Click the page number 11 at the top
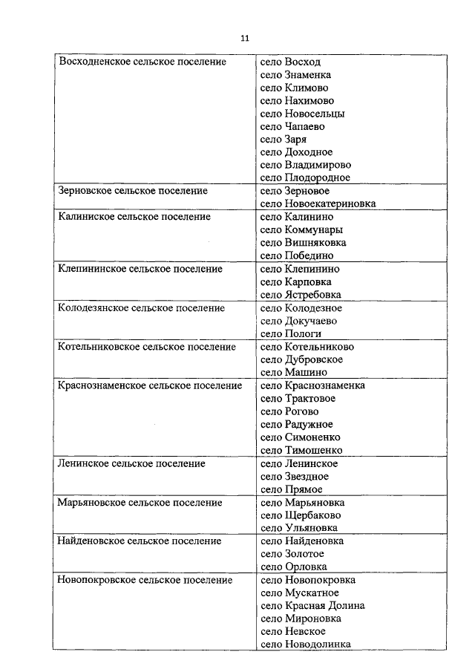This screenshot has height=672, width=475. [246, 39]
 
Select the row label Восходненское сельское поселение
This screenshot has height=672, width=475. [142, 62]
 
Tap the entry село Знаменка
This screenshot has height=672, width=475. [296, 75]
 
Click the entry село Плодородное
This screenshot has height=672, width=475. [305, 178]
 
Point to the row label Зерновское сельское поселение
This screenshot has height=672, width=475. [133, 191]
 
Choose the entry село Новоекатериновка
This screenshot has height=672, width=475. [318, 203]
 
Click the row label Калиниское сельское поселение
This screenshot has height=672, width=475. [134, 217]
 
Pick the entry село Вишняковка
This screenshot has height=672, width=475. [304, 243]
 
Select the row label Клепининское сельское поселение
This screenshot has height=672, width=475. [140, 269]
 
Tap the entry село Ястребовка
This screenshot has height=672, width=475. [301, 295]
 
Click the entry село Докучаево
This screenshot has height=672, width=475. [299, 321]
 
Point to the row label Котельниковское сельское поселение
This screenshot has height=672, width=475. [147, 347]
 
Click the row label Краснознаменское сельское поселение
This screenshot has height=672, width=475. [150, 385]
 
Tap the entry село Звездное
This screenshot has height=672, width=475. [295, 477]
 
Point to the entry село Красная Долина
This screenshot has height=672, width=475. [312, 606]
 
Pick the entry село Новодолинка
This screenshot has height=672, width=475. [306, 645]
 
